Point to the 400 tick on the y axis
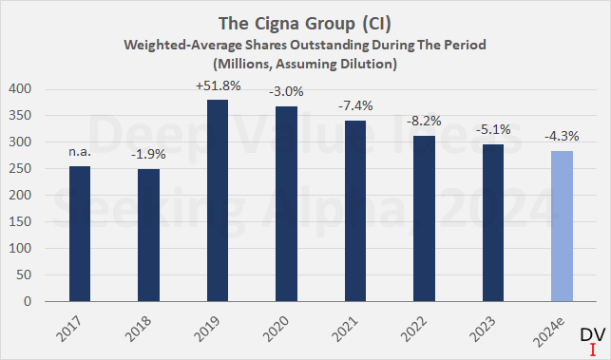tap(21, 89)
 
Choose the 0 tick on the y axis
tap(29, 302)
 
